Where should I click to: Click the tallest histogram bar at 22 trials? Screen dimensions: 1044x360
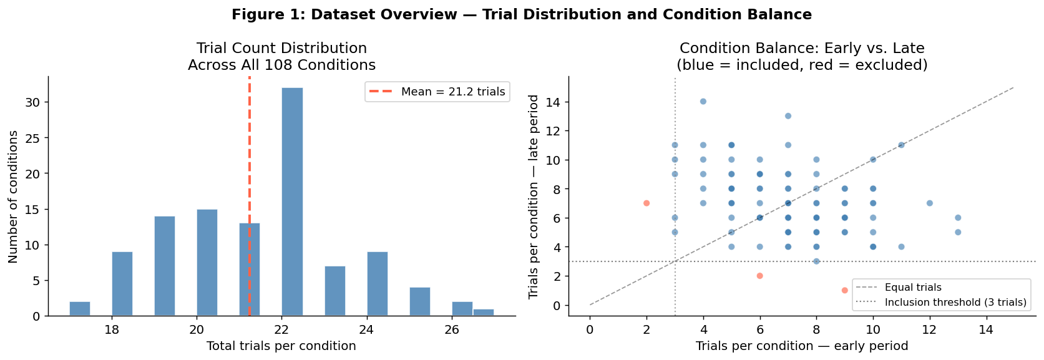point(292,202)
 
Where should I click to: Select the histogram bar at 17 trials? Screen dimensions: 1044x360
point(80,309)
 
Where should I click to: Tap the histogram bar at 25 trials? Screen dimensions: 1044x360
point(420,302)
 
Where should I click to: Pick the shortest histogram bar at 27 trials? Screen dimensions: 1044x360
point(484,313)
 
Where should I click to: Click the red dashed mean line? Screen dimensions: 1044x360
point(250,196)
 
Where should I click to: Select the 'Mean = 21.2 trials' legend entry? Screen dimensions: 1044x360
point(437,92)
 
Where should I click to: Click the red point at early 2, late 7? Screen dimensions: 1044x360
point(646,203)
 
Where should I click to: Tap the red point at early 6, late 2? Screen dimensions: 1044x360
point(759,276)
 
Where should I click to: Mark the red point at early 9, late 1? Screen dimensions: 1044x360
point(844,290)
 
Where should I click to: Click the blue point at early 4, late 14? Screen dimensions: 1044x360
point(703,102)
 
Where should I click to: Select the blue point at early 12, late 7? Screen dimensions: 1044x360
point(929,203)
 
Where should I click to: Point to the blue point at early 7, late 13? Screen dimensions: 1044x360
point(788,116)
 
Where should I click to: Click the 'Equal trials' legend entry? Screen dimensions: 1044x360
point(899,288)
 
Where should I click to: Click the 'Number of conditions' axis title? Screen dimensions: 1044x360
point(12,197)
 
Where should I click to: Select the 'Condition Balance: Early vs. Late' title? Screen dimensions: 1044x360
point(802,48)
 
